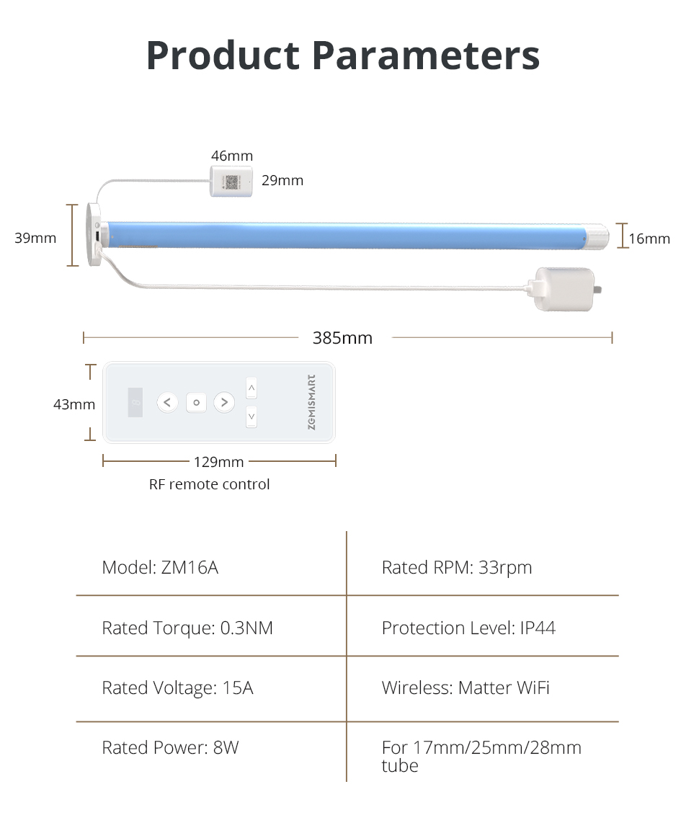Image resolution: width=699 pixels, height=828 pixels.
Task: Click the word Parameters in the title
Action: point(426,55)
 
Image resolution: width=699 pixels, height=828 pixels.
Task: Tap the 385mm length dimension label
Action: point(342,338)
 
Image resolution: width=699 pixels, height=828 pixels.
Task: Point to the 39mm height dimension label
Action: point(35,238)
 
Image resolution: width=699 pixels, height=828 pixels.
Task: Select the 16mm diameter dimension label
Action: point(649,239)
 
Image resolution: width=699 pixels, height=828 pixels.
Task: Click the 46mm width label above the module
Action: point(232,156)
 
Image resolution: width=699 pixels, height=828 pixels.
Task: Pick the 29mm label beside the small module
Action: point(282,181)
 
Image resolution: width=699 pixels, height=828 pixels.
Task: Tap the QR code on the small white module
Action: point(232,182)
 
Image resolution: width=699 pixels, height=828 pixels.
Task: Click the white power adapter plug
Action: point(566,289)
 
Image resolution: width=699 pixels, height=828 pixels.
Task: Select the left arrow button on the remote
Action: point(167,402)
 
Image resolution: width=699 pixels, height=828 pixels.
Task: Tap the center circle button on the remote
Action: point(197,402)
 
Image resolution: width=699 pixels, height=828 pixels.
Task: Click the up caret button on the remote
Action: point(251,388)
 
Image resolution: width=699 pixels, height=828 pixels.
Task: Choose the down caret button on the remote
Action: point(251,417)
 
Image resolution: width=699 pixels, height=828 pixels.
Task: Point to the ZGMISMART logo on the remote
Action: point(311,402)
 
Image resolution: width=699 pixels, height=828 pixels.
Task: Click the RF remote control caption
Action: point(209,484)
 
